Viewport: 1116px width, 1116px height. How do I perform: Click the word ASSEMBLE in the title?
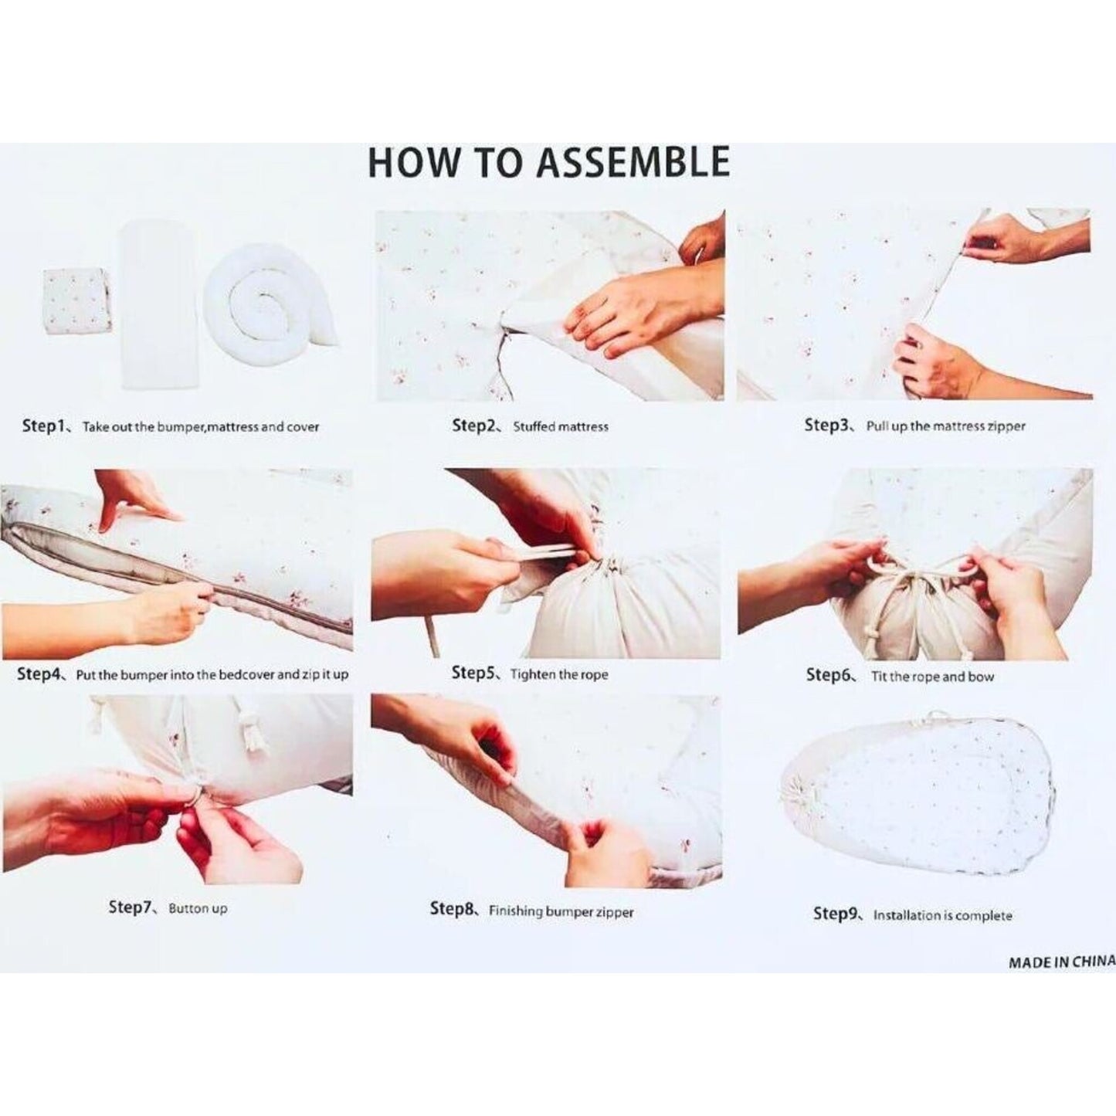[633, 163]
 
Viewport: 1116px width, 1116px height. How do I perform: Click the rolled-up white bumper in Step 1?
[272, 311]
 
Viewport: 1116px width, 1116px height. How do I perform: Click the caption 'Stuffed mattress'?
[561, 427]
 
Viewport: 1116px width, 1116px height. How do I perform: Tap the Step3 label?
[828, 425]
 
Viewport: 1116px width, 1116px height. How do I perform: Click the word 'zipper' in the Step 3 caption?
[1006, 427]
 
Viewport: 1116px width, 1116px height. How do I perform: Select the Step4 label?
[39, 674]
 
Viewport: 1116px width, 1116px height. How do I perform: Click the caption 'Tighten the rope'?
[559, 675]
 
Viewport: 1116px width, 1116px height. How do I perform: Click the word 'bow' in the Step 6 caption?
[980, 677]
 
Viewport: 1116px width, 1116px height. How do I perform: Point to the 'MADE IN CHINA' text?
[1062, 979]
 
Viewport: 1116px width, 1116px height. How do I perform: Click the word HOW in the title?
[410, 163]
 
